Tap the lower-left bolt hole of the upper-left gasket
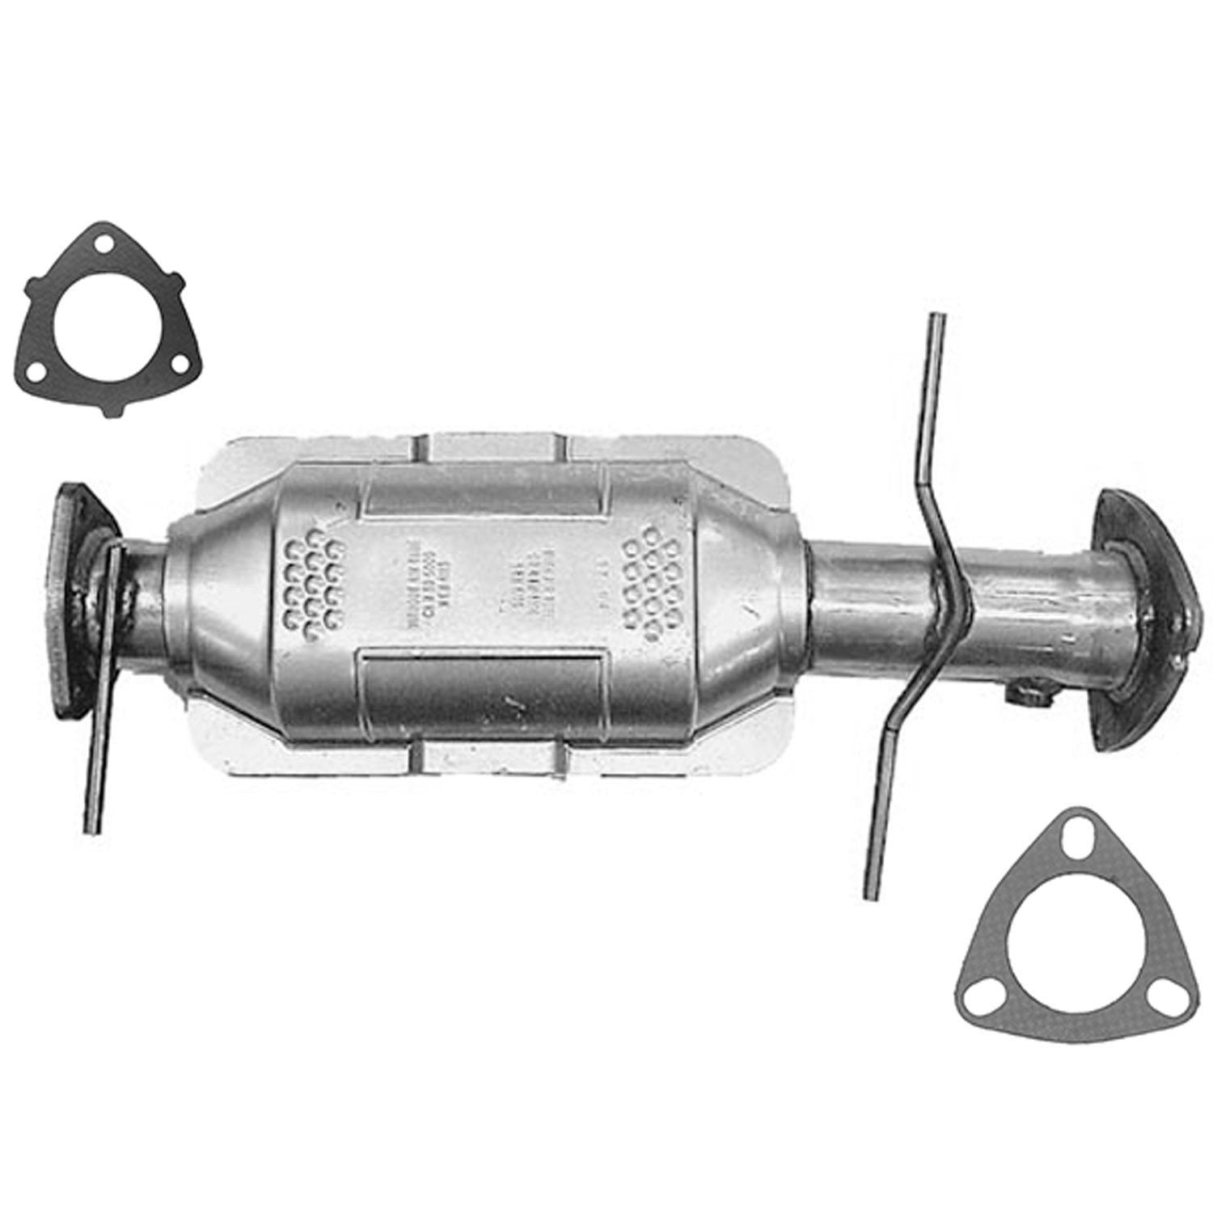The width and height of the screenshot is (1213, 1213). [x=35, y=374]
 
